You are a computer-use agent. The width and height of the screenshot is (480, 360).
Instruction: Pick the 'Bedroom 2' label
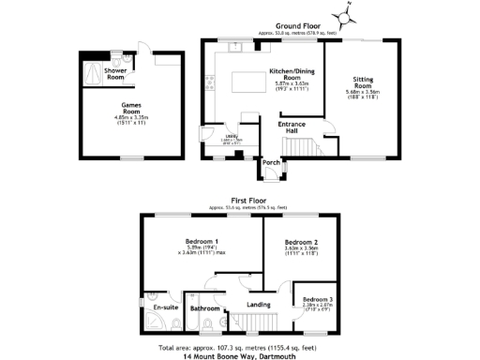(302, 242)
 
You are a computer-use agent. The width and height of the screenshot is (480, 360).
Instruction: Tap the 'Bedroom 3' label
(319, 299)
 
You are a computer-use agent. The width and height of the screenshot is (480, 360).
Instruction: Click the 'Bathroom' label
(203, 307)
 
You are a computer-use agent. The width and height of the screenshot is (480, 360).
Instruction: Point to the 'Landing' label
(259, 304)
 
